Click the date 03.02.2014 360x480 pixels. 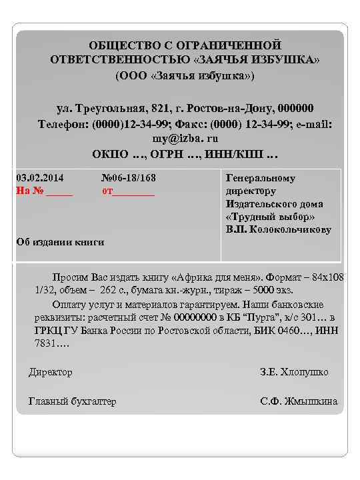[x=40, y=178]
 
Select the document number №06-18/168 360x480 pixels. [x=129, y=178]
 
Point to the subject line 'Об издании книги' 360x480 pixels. [x=60, y=242]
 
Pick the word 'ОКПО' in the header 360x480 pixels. [x=110, y=155]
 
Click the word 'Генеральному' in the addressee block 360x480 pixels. [x=261, y=179]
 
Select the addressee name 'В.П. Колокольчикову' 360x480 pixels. [x=279, y=229]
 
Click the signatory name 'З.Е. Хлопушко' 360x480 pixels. [x=294, y=372]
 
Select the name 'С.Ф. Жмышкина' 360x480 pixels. [x=298, y=401]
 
